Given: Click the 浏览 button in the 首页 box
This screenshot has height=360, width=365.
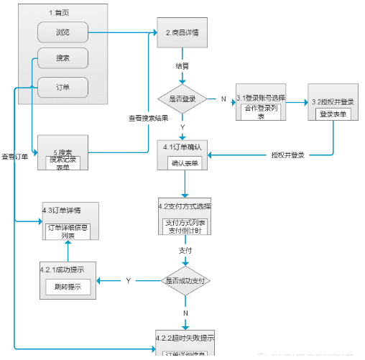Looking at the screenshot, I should click(x=63, y=32).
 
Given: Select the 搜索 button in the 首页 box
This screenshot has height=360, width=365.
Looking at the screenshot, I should click(x=63, y=57).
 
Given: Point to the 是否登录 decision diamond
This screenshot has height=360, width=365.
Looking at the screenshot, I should click(x=182, y=98).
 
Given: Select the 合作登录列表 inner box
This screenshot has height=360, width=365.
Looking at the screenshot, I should click(x=264, y=112).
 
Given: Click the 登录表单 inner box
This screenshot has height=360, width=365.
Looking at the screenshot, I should click(x=333, y=114).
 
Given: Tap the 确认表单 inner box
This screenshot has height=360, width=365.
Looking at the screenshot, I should click(x=185, y=163).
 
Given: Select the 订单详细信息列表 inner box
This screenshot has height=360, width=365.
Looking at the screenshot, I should click(x=68, y=231).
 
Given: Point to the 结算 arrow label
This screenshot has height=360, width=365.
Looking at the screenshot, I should click(x=183, y=65).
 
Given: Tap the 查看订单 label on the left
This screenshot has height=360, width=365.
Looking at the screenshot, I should click(x=14, y=156).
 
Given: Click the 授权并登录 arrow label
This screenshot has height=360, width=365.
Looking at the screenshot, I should click(x=288, y=154).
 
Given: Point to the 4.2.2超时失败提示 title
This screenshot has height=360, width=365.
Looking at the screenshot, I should click(x=185, y=337).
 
